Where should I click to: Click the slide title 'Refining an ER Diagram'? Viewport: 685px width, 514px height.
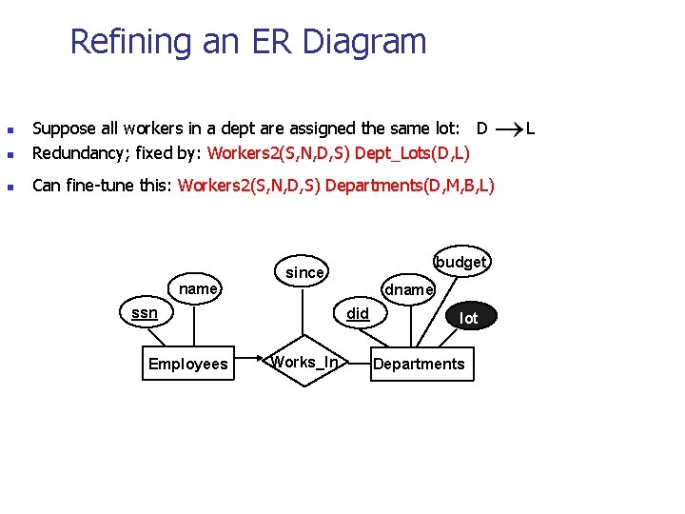pos(248,42)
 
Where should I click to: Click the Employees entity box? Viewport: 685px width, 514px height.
pos(188,364)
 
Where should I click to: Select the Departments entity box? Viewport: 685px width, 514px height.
pos(419,364)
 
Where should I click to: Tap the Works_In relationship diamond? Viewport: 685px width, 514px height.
pos(304,362)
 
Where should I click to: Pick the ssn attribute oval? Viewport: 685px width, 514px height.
pos(145,312)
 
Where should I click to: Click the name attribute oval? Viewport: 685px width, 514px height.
pos(198,288)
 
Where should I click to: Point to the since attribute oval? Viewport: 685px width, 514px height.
pos(304,272)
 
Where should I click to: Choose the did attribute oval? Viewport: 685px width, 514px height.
pos(358,312)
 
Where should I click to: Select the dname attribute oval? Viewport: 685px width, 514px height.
pos(408,288)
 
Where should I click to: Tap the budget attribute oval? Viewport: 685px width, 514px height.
pos(461,262)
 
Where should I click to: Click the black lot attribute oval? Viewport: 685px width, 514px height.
pos(468,318)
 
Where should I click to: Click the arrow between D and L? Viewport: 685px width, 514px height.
pos(507,127)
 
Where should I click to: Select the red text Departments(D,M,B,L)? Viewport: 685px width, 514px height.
pos(409,186)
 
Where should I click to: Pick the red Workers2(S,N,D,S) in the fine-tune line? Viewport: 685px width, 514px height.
pos(249,186)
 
